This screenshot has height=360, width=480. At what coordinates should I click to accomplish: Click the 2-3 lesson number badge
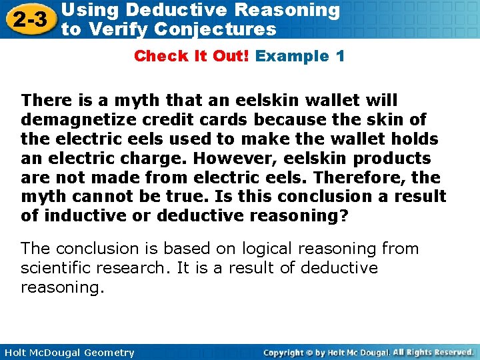pyautogui.click(x=29, y=19)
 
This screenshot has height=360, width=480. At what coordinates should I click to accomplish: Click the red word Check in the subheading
pyautogui.click(x=157, y=56)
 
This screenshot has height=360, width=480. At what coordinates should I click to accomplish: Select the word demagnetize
pyautogui.click(x=73, y=120)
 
